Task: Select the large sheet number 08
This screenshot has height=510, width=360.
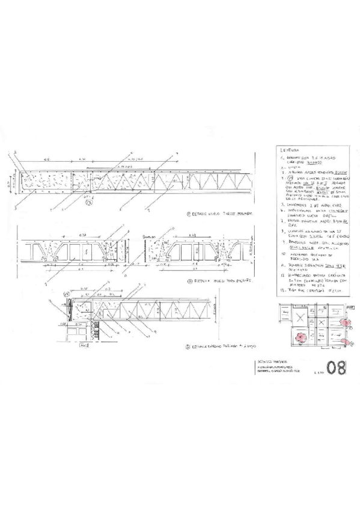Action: [x=337, y=368]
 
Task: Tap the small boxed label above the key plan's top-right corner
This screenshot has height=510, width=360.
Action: [x=351, y=307]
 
